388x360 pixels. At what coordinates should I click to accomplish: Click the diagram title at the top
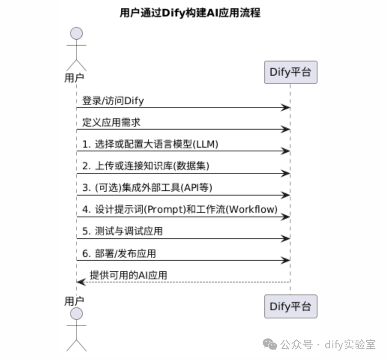[190, 13]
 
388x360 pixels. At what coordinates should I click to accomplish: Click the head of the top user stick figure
[76, 33]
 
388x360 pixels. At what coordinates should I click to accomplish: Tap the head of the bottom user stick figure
[76, 314]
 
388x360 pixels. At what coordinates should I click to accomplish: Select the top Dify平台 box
[291, 72]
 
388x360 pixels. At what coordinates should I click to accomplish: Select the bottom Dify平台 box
[291, 306]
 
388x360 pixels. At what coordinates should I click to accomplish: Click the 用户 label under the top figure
[74, 78]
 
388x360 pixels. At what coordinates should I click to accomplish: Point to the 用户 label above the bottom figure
[74, 301]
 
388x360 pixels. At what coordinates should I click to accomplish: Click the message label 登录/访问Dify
[113, 101]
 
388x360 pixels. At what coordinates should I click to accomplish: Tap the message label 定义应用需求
[111, 122]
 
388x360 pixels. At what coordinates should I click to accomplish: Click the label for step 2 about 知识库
[146, 166]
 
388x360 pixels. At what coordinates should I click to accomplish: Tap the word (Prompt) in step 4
[165, 209]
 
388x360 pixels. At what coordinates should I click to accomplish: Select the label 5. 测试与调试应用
[123, 231]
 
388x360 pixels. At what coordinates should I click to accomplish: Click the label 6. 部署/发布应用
[119, 254]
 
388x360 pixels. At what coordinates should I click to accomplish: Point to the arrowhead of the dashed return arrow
[81, 282]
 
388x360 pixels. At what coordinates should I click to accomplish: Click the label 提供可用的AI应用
[129, 275]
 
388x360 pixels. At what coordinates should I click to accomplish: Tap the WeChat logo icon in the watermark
[270, 344]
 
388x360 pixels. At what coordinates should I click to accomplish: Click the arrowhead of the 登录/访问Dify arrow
[286, 108]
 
